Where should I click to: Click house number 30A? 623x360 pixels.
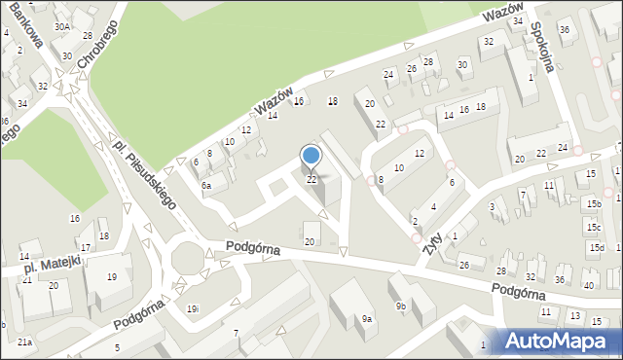[x=62, y=27]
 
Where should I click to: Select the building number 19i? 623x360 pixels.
[x=193, y=308]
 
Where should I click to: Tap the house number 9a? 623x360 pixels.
[x=367, y=318]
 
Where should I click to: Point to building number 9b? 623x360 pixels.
[x=400, y=306]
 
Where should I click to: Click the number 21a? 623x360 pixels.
[x=24, y=342]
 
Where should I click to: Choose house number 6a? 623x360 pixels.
[x=206, y=185]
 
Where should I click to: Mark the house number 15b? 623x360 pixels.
[x=593, y=203]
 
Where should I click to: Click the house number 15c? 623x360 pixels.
[x=593, y=227]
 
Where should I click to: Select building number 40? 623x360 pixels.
[x=588, y=285]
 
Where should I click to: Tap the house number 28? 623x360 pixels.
[x=501, y=270]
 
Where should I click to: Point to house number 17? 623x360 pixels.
[x=86, y=248]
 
